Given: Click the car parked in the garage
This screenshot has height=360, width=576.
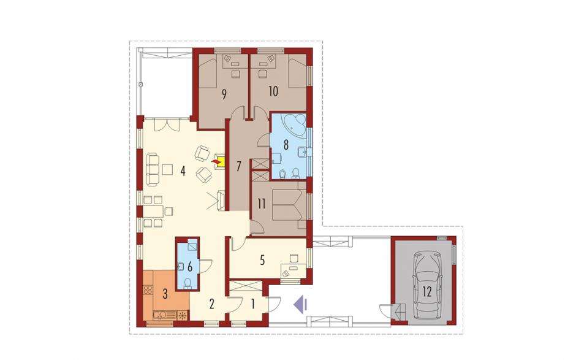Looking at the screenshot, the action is point(427,283).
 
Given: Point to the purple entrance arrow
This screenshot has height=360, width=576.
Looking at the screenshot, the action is point(300,304).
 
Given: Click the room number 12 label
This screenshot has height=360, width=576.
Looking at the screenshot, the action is point(427,293).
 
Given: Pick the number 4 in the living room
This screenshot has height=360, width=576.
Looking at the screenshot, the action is point(183,171).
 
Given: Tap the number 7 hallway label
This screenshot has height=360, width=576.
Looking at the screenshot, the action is point(238,167).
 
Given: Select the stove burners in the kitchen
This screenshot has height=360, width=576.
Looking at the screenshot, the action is point(147,289).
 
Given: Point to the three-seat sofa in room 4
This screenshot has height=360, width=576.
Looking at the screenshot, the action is point(153,169).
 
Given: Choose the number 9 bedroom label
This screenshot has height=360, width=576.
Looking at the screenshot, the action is point(224,94).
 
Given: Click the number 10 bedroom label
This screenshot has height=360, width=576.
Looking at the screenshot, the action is point(273,91).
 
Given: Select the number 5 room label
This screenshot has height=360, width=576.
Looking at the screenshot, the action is point(262,260).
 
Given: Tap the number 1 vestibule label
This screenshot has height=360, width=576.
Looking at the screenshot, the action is point(252,304).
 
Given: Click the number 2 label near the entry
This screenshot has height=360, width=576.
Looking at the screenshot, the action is point(211,304).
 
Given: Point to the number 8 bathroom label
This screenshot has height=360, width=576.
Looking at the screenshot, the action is point(286,145).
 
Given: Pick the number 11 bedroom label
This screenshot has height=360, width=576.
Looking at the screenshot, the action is point(261,204).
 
